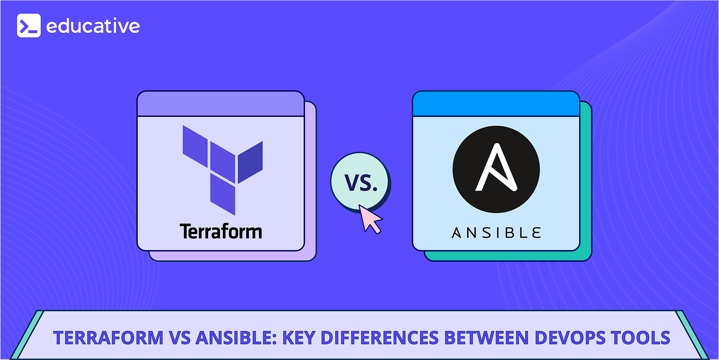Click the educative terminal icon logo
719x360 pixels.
coord(29,25)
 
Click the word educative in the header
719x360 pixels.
coord(93,25)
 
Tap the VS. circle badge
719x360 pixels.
coord(359,182)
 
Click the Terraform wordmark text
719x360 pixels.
coord(220,231)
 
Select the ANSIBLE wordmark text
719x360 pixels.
coord(496,232)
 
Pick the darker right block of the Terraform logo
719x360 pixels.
coord(250,161)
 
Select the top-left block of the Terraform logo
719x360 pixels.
coord(195,142)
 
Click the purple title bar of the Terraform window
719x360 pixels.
coord(220,104)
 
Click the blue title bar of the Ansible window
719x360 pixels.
coord(496,104)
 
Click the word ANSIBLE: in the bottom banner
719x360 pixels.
coord(217,338)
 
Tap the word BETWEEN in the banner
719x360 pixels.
coord(480,338)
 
